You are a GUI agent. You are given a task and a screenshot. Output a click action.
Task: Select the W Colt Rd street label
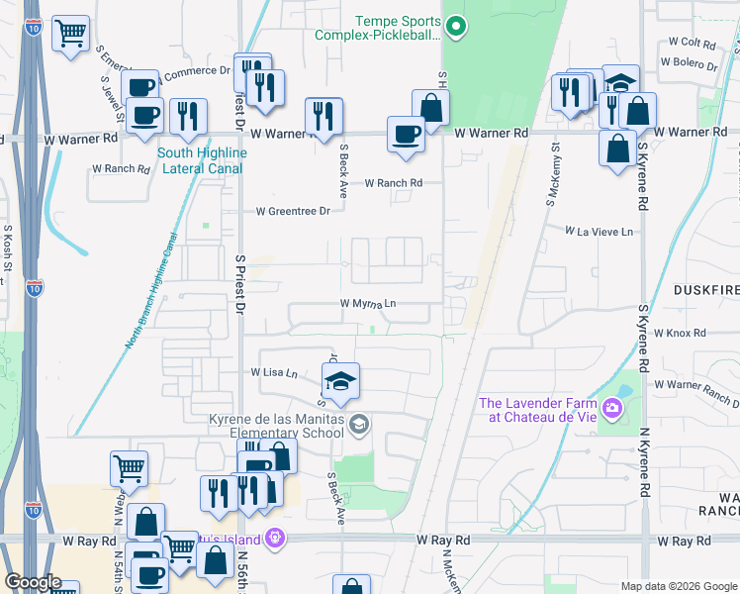tap(692, 43)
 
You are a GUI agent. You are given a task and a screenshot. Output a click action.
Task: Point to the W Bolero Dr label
tap(694, 64)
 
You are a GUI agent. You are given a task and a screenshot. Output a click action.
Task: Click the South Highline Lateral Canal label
tap(202, 160)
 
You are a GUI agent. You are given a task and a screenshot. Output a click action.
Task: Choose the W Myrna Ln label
tap(368, 304)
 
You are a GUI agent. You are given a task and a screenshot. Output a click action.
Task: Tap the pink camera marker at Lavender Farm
tap(612, 408)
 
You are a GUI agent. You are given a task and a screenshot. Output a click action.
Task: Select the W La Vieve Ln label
tap(599, 231)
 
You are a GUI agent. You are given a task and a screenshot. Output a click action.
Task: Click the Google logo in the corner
tap(34, 582)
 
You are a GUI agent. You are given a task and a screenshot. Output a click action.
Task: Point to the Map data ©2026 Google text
tap(678, 585)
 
